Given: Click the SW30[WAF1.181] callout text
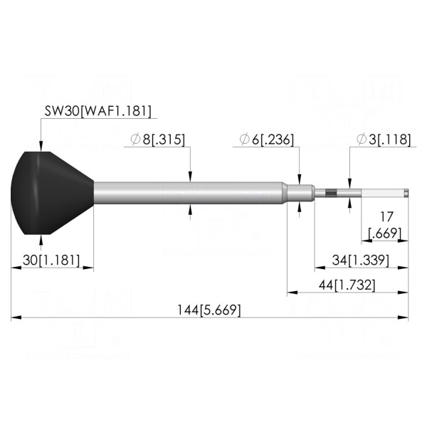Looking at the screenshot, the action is pyautogui.click(x=97, y=111).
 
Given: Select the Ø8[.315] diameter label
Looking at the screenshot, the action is pyautogui.click(x=157, y=139).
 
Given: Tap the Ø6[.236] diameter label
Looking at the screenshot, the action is pyautogui.click(x=267, y=139).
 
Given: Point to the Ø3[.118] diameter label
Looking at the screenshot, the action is pyautogui.click(x=383, y=139).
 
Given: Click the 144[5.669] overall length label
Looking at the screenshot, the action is pyautogui.click(x=209, y=310).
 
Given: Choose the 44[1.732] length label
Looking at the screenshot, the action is pyautogui.click(x=347, y=285).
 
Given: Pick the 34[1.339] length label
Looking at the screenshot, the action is pyautogui.click(x=361, y=260).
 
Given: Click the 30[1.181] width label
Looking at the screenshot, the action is pyautogui.click(x=51, y=260).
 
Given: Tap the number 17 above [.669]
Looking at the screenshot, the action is pyautogui.click(x=386, y=217).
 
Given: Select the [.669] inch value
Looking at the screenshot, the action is pyautogui.click(x=385, y=233).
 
